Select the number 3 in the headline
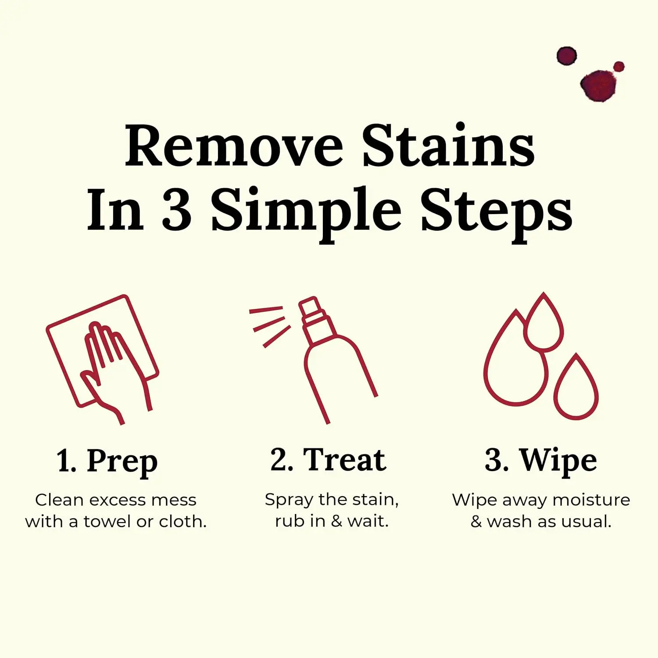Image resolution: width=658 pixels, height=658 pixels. click(177, 210)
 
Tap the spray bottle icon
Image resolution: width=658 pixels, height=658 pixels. click(336, 360)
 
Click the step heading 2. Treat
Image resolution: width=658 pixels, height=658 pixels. click(328, 460)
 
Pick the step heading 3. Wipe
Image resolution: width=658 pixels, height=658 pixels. click(540, 461)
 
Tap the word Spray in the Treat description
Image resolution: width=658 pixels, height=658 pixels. click(289, 500)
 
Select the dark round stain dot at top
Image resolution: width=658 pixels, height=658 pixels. click(566, 56)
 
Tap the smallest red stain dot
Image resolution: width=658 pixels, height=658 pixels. click(619, 67)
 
